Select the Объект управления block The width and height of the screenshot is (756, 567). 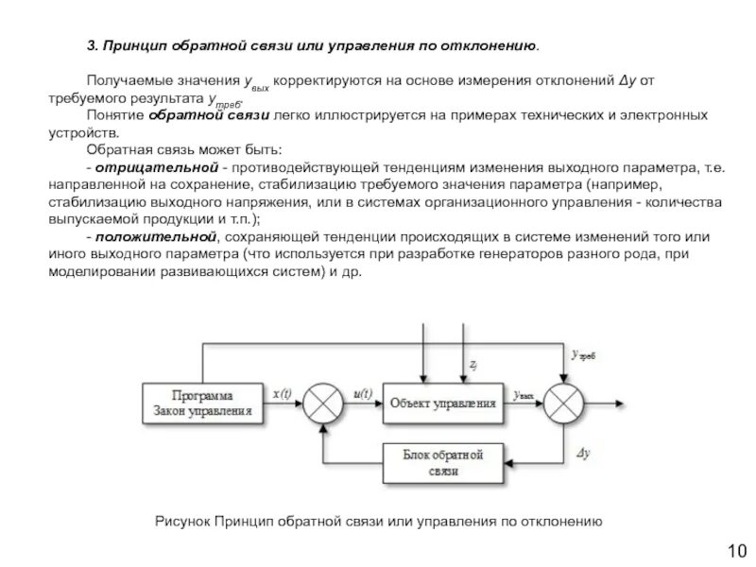point(442,402)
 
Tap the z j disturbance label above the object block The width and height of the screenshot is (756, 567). point(472,363)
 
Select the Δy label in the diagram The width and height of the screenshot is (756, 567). point(583,453)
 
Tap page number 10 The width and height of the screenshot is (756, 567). point(736,549)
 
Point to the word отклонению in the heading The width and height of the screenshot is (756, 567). point(490,45)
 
